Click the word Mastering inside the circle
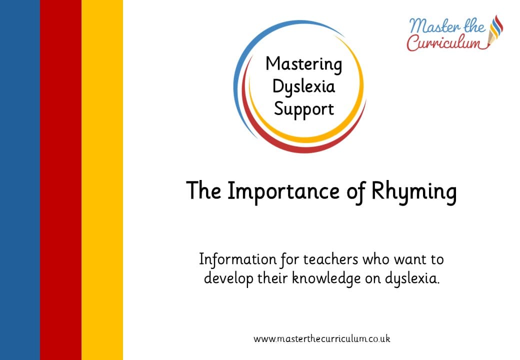[x=303, y=64]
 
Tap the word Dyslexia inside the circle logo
[x=303, y=87]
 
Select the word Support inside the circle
[x=303, y=109]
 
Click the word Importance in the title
[x=283, y=191]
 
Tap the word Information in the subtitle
[x=237, y=259]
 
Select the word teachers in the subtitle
[x=330, y=259]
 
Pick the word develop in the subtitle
[x=228, y=278]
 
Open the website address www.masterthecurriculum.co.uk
[x=321, y=339]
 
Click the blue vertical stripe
[x=20, y=180]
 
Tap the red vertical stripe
[x=60, y=180]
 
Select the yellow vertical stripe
[x=102, y=180]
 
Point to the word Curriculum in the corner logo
[x=443, y=43]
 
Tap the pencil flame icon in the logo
[x=496, y=30]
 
